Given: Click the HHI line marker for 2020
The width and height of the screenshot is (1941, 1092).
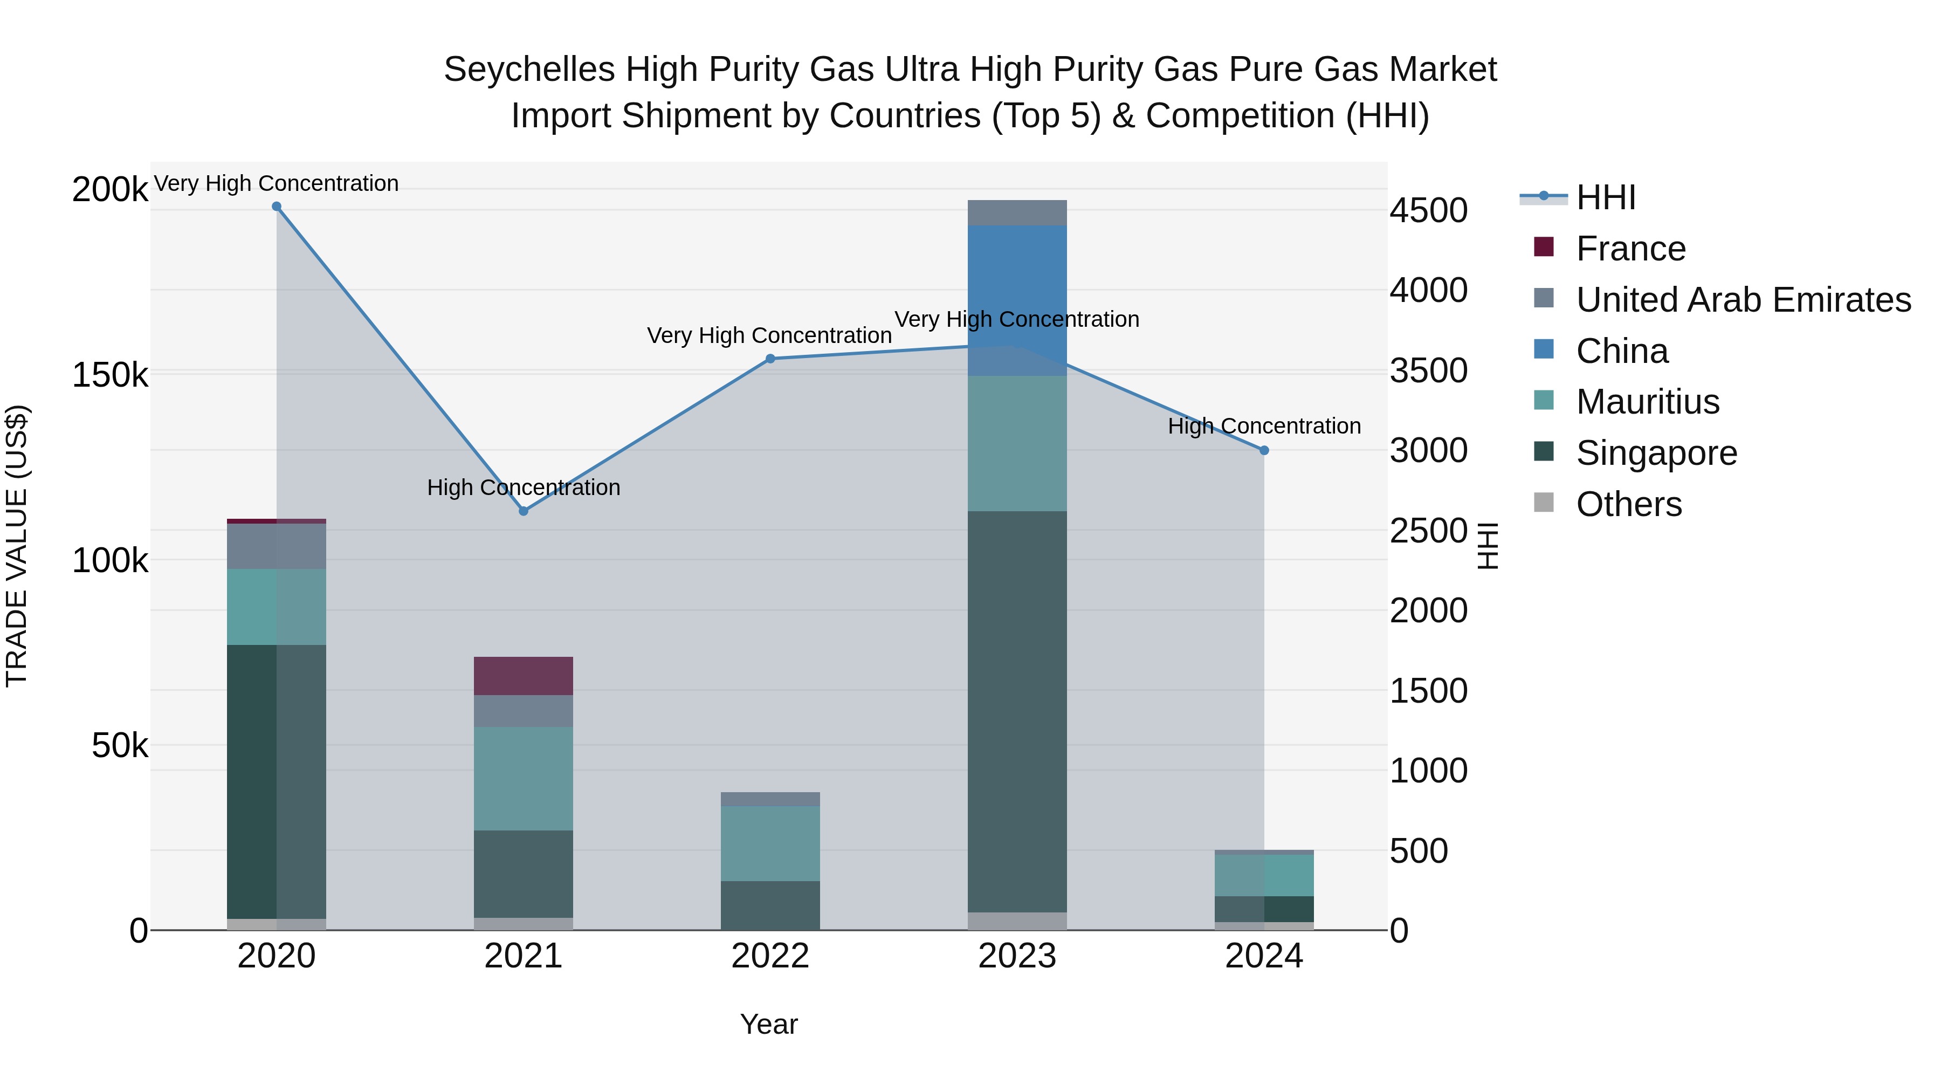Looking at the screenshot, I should pos(277,207).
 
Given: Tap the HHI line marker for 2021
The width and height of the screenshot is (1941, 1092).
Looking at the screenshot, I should pos(524,511).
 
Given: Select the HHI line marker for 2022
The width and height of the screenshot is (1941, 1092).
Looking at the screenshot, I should pos(770,359).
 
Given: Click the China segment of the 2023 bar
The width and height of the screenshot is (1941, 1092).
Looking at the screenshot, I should pos(1017,300).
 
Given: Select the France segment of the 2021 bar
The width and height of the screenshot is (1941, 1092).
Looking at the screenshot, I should pos(524,676).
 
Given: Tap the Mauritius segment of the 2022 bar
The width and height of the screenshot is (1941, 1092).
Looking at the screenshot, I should pos(770,843).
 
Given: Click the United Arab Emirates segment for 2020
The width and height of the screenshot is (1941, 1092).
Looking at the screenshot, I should pos(277,546).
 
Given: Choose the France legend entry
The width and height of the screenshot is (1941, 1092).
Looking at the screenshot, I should pos(1630,249).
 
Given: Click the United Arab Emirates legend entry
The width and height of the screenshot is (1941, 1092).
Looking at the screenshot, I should pos(1743,300).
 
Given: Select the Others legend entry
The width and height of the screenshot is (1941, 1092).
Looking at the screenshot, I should pos(1628,504).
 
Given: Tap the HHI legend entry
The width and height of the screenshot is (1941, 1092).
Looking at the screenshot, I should pos(1606,197).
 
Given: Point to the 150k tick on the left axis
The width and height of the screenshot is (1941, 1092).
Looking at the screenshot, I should pos(110,375).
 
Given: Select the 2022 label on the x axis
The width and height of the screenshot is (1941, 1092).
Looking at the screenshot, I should pos(770,956).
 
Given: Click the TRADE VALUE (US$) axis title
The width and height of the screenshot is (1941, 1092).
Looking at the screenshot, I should pos(17,546).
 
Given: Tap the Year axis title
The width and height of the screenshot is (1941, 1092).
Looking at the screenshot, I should pos(768,1024).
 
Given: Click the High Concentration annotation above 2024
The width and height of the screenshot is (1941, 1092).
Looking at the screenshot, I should pos(1264,427).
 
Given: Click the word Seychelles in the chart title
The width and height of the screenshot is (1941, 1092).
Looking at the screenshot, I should pos(529,70).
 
